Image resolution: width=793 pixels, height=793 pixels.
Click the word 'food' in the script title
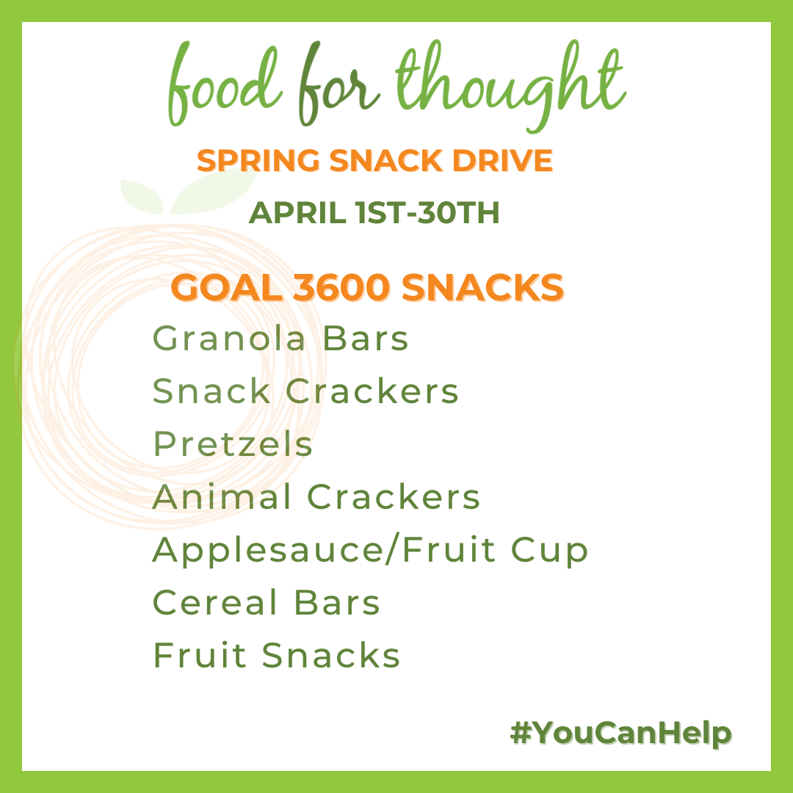225,84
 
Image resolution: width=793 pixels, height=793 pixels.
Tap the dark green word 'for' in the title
338,84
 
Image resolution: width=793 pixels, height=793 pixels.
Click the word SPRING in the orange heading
258,161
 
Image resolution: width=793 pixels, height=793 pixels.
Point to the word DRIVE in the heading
502,161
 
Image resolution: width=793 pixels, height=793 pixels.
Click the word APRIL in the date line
297,212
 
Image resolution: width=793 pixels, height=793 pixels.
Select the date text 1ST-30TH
427,212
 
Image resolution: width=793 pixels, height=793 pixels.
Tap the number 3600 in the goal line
341,287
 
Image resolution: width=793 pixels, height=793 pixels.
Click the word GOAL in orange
227,287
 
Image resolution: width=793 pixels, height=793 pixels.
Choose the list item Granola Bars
280,338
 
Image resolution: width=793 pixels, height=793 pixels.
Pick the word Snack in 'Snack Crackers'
211,391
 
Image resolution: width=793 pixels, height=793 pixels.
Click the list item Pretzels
233,443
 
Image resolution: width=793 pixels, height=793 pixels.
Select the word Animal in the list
222,496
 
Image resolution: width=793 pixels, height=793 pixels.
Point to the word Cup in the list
549,550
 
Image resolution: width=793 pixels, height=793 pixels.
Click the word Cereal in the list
215,602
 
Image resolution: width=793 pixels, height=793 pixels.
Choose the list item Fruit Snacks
276,655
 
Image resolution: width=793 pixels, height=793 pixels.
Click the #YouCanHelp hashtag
620,734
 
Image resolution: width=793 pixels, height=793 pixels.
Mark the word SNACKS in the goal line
482,287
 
